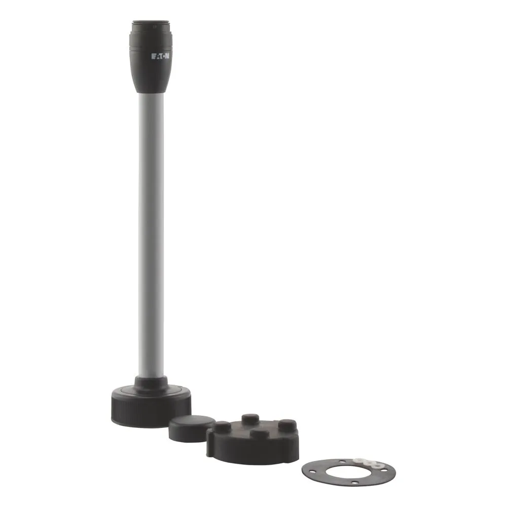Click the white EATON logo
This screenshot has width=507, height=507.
pos(160,56)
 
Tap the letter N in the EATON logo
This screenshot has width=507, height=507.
pos(167,56)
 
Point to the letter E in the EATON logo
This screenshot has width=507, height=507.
pos(153,57)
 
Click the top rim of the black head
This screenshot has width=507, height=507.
pos(151,23)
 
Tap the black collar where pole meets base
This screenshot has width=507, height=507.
pos(151,384)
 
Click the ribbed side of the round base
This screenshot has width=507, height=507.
pos(151,412)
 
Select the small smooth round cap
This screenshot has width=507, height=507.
pos(192,428)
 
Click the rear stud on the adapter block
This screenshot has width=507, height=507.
pos(250,419)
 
